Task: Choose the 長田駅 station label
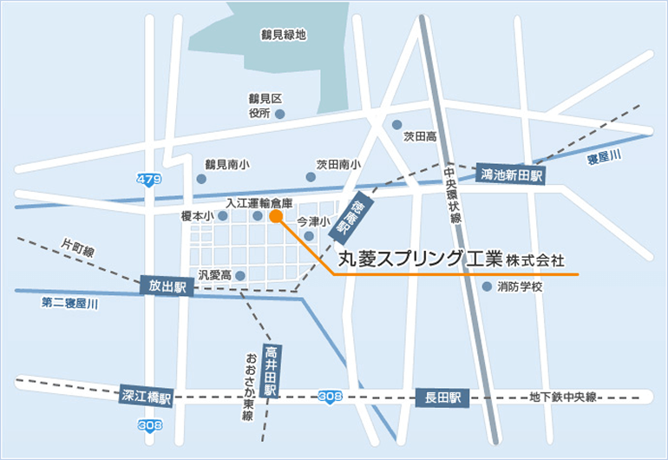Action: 442,398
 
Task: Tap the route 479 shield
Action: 148,179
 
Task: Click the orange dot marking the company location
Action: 275,217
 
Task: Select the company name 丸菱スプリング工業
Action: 421,259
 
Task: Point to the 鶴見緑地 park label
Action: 283,36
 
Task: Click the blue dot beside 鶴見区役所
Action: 279,114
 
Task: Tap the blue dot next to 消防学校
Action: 487,286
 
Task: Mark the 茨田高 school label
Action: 419,136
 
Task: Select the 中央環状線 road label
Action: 452,196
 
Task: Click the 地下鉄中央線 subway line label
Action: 564,397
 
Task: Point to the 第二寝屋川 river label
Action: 69,304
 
